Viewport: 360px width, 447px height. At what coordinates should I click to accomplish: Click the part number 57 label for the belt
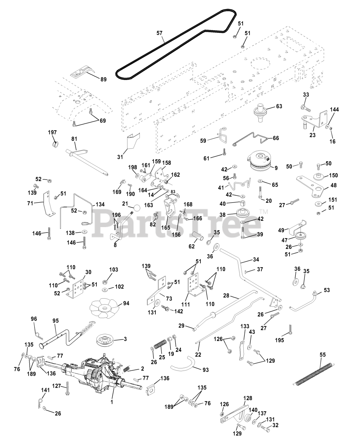click(160, 33)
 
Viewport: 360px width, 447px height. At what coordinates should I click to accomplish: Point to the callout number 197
click(52, 132)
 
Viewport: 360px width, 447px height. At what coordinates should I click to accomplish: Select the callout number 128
click(247, 398)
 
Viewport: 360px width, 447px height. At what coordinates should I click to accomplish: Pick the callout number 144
click(334, 110)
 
